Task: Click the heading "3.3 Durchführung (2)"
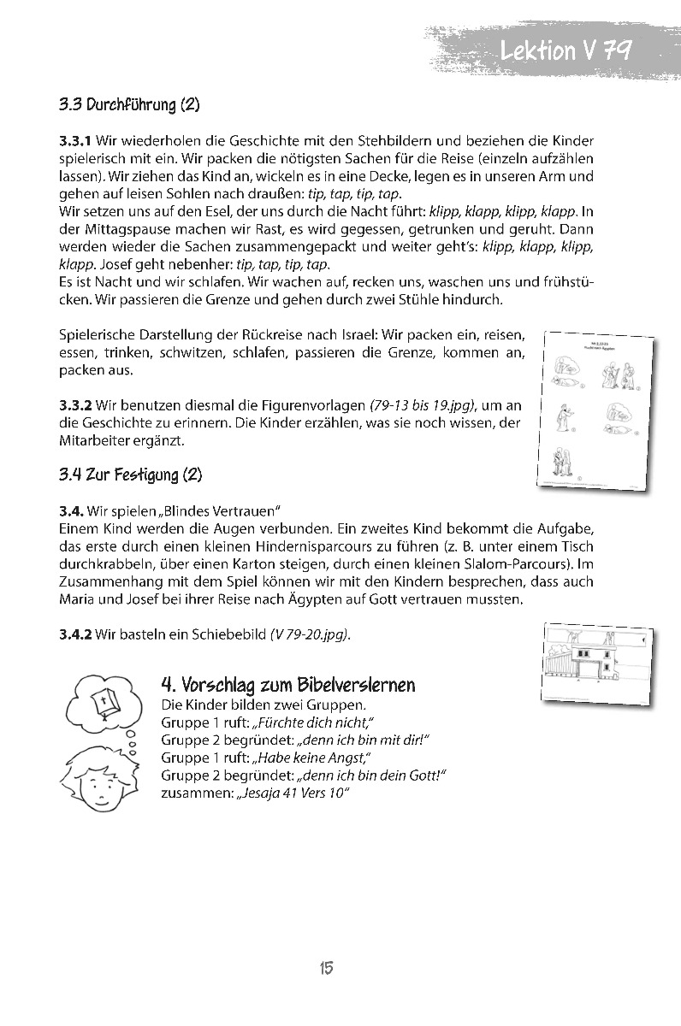click(129, 106)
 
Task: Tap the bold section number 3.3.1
click(75, 139)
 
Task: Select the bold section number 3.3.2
click(75, 403)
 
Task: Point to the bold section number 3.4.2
click(75, 635)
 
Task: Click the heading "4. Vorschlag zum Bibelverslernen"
click(288, 685)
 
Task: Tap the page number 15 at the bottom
click(326, 968)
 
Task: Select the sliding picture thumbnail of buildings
click(596, 657)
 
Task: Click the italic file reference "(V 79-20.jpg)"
click(310, 635)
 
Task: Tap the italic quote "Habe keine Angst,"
click(311, 758)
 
